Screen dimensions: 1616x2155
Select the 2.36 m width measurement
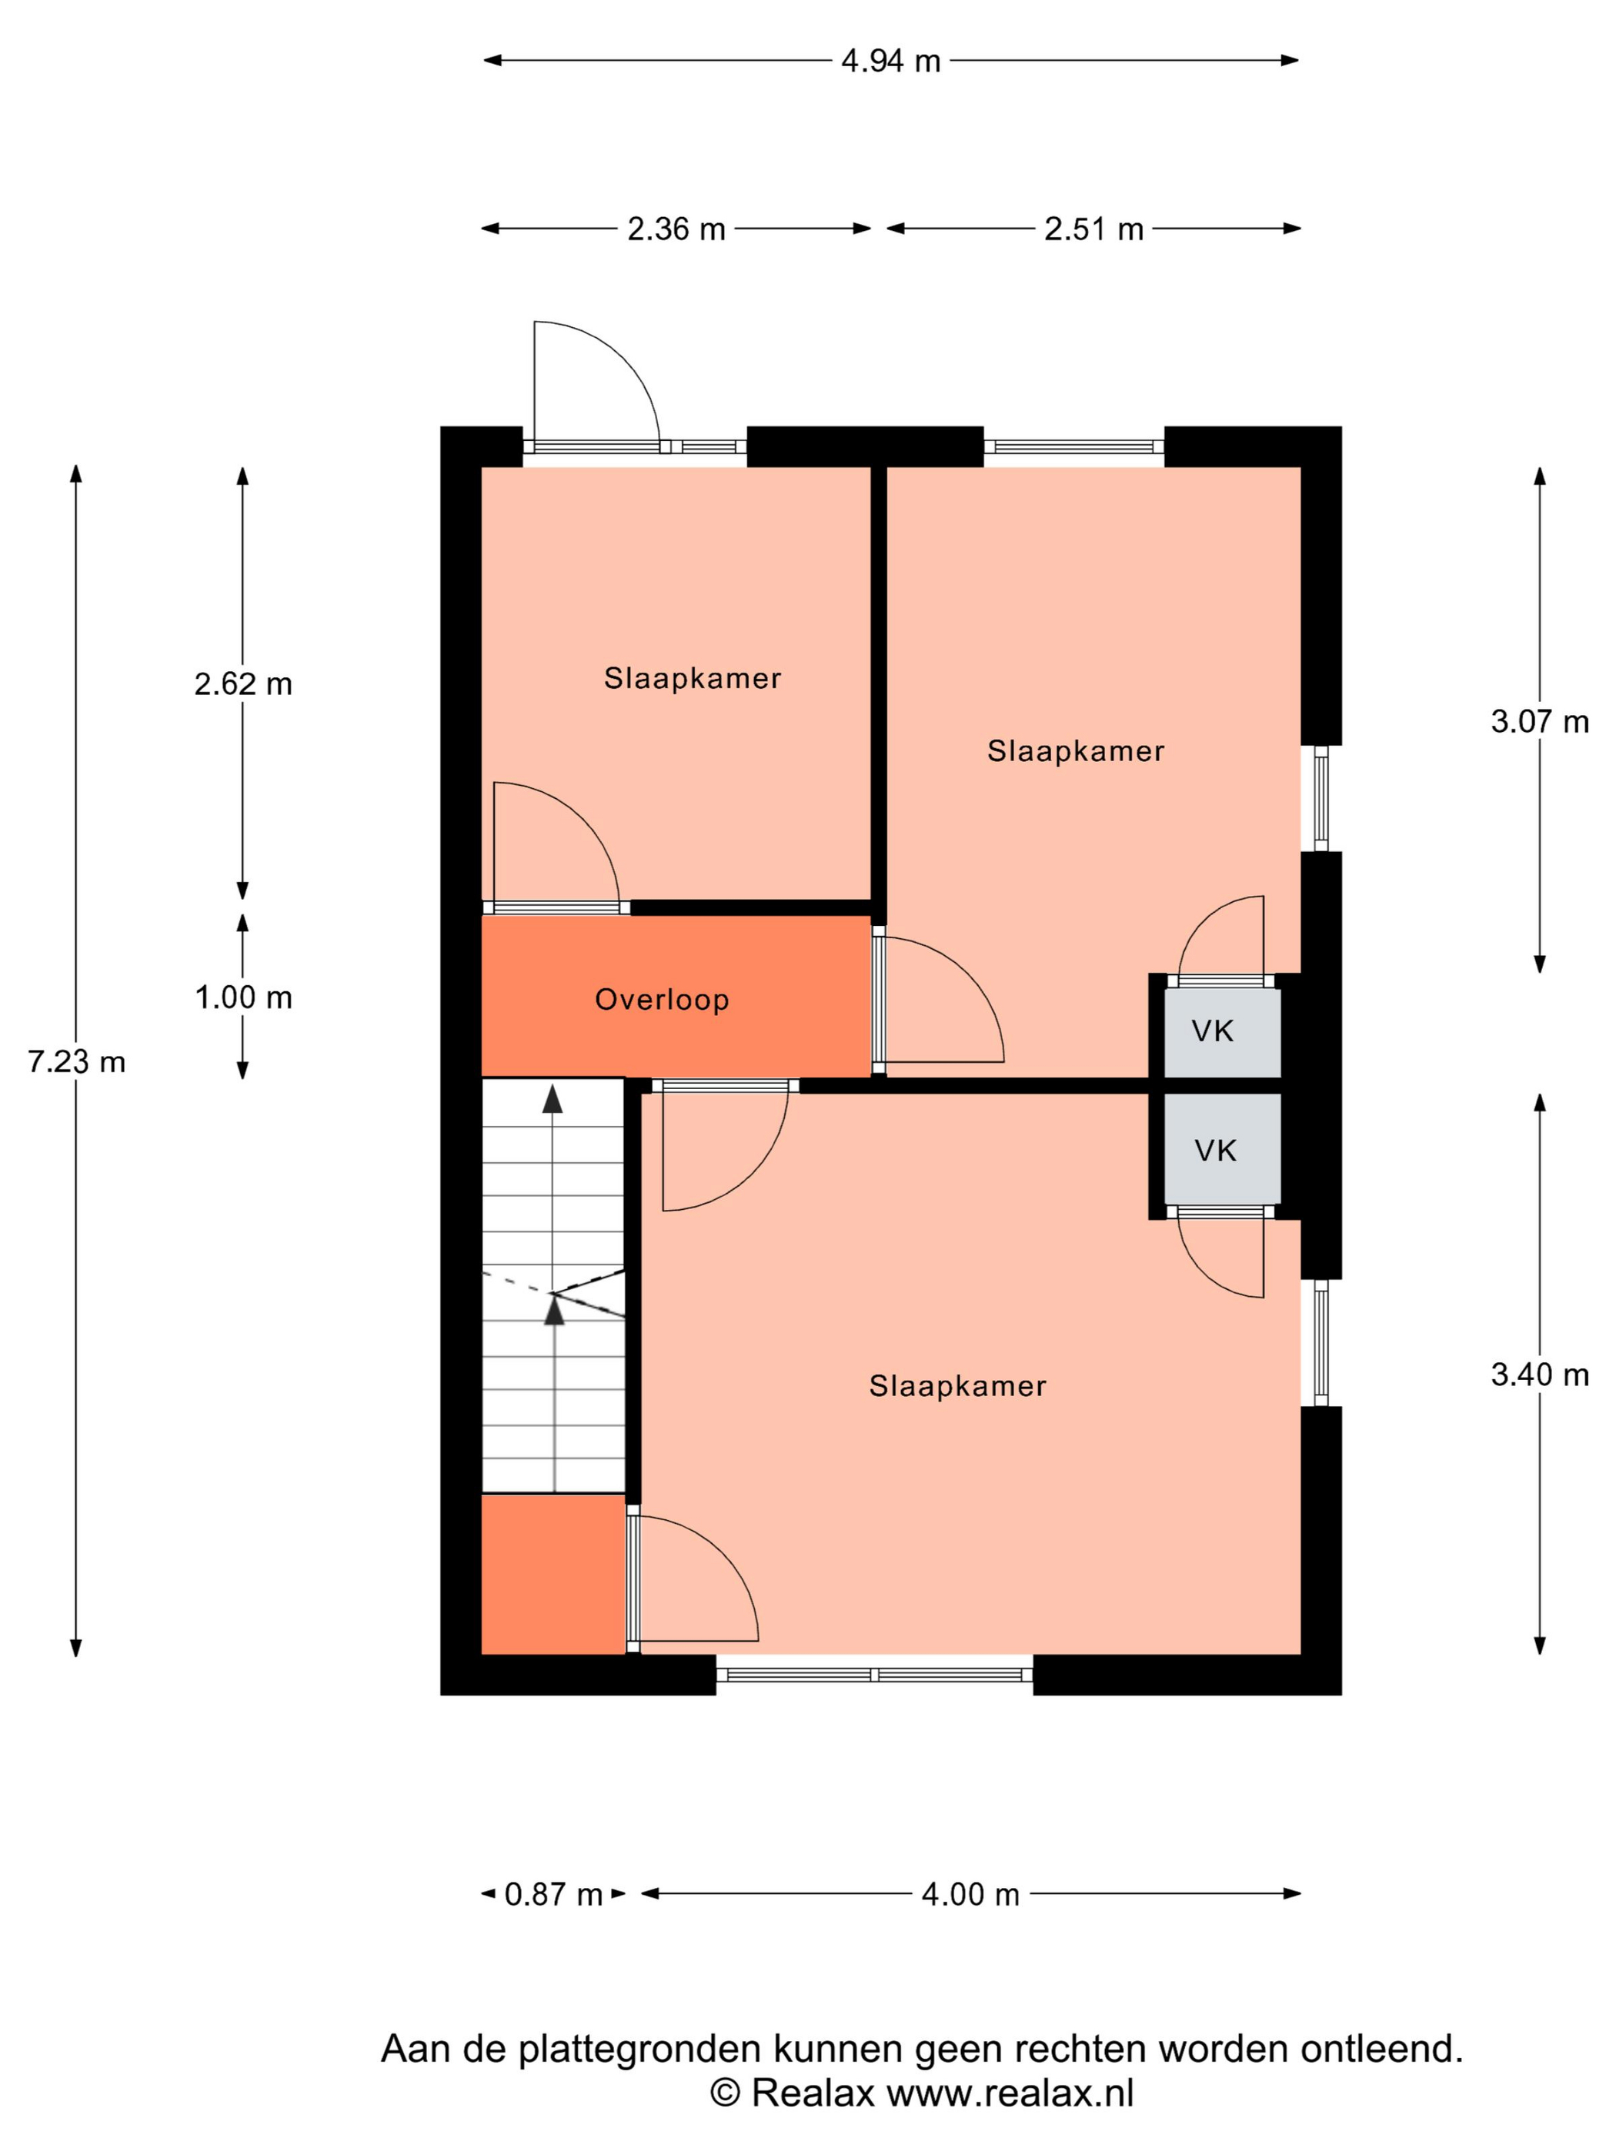pos(676,229)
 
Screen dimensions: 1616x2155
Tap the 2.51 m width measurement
pos(1093,229)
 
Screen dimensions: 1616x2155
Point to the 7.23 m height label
pos(76,1061)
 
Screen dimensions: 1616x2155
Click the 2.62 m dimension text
pos(242,684)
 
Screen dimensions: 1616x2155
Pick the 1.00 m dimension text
pos(242,997)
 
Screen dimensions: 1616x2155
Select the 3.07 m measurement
pos(1539,722)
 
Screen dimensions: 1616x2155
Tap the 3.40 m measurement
pos(1539,1375)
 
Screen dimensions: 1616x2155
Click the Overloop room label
pos(663,1000)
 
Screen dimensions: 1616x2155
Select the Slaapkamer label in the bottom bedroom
pos(957,1385)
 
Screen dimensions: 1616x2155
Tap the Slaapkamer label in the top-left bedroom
pos(693,678)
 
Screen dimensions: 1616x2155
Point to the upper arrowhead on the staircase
pos(553,1098)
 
